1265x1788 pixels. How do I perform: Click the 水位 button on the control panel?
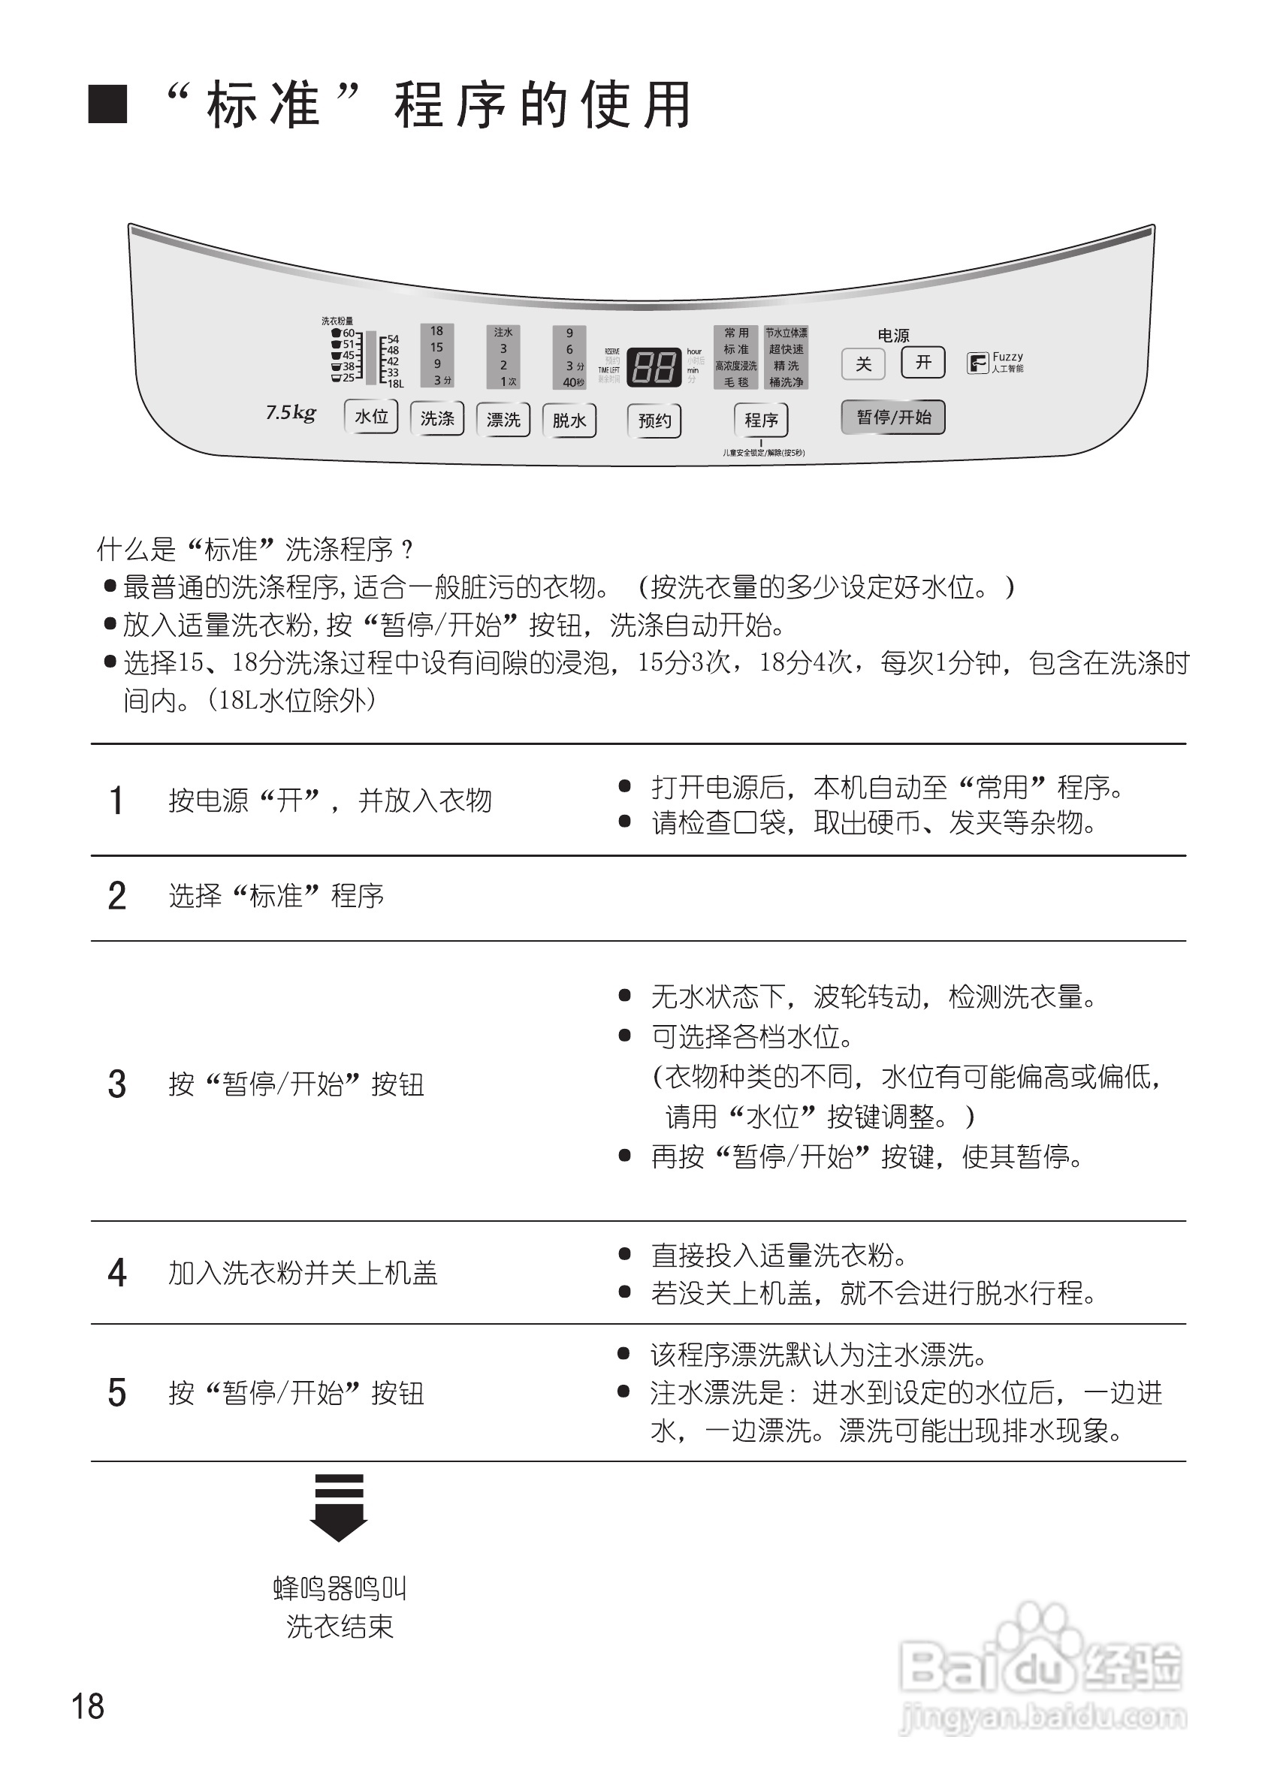(372, 417)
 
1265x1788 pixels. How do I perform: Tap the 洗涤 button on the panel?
(437, 419)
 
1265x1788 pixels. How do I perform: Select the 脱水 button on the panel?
(569, 421)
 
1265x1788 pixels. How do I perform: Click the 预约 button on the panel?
(654, 421)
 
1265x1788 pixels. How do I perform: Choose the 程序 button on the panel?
(761, 421)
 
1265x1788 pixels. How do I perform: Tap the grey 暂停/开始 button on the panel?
(893, 418)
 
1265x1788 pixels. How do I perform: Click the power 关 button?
(863, 364)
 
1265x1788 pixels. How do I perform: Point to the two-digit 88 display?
(654, 366)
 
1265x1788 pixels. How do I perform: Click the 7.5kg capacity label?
(291, 413)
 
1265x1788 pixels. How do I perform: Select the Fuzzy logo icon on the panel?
(977, 363)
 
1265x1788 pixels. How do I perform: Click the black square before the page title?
(107, 104)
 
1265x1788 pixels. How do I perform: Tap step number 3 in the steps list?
(117, 1084)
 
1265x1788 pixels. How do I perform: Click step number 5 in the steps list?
(117, 1393)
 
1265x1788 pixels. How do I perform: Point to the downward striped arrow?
(339, 1507)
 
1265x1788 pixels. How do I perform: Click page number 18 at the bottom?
(87, 1706)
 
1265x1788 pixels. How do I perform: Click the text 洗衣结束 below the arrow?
(340, 1626)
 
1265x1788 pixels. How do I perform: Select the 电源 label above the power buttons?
(893, 336)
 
